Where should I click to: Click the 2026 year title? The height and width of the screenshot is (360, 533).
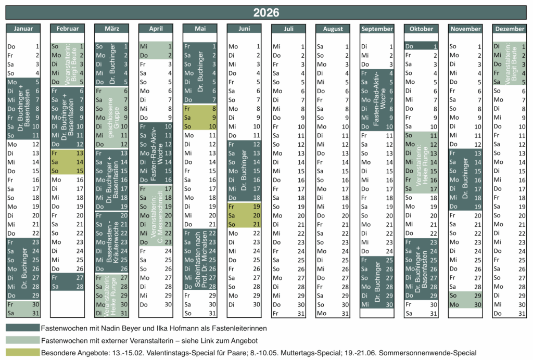[266, 12]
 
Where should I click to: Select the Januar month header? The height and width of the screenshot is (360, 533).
[23, 29]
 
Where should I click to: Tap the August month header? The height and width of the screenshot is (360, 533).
[333, 29]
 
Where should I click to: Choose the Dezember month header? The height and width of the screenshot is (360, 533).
[510, 29]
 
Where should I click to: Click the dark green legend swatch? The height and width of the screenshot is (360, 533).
[23, 328]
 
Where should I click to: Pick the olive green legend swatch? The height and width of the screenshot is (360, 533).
[23, 352]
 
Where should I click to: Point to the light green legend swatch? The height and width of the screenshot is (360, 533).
[23, 340]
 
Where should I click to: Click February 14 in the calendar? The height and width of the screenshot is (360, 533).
[67, 162]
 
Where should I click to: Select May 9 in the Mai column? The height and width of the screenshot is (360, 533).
[200, 118]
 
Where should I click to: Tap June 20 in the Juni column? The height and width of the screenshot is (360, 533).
[244, 215]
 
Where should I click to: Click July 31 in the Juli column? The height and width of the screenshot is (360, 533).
[288, 314]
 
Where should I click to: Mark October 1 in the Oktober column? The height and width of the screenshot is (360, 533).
[421, 46]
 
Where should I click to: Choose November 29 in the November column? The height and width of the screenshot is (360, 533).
[465, 295]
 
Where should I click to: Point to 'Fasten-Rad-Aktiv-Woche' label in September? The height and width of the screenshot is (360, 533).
[379, 99]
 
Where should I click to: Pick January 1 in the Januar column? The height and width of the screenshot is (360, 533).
[23, 46]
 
